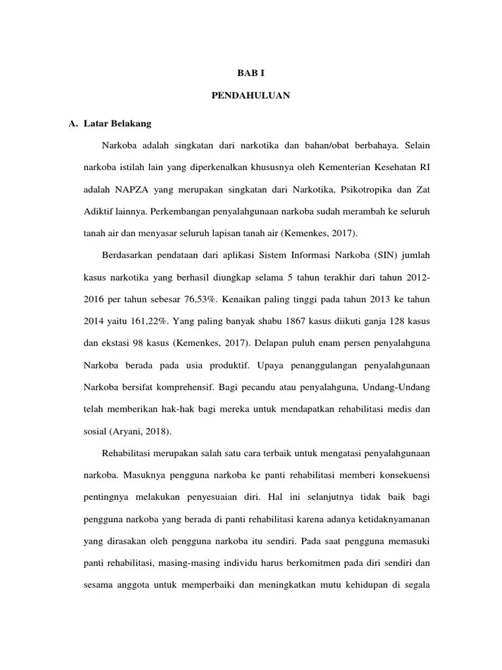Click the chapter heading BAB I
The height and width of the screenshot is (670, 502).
tap(251, 75)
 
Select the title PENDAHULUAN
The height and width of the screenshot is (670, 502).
tap(251, 96)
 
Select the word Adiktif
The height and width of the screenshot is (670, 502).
tap(98, 211)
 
